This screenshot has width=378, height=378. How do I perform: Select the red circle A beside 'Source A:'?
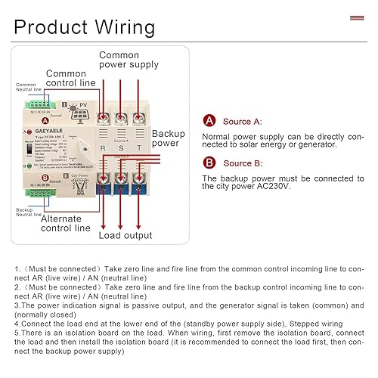[209, 121]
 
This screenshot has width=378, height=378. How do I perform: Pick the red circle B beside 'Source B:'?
[209, 162]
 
